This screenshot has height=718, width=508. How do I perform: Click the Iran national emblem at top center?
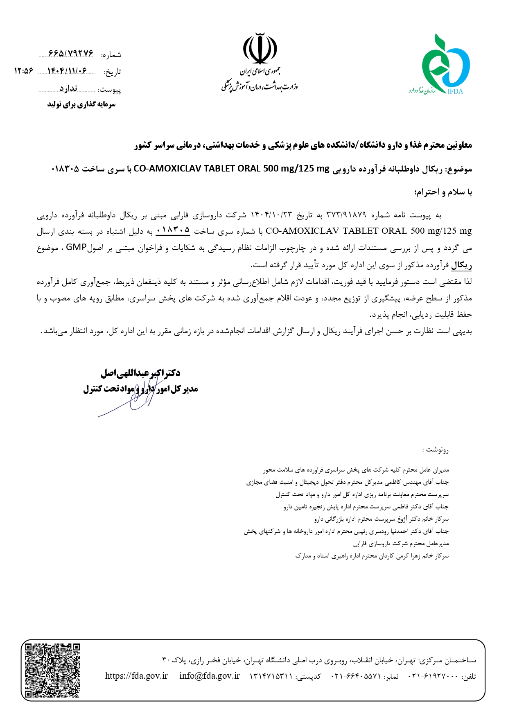pyautogui.click(x=260, y=48)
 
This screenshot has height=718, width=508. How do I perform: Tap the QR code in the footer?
pyautogui.click(x=52, y=670)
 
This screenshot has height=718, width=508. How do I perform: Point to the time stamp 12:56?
pyautogui.click(x=23, y=71)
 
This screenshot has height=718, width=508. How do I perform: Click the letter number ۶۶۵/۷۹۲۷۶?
pyautogui.click(x=71, y=54)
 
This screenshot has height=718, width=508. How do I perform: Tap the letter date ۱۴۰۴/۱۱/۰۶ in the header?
pyautogui.click(x=67, y=71)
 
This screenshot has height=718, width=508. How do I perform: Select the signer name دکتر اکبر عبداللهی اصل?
pyautogui.click(x=140, y=373)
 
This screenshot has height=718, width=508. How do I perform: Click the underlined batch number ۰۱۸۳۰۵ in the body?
pyautogui.click(x=173, y=230)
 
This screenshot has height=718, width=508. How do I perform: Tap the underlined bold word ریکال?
pyautogui.click(x=461, y=265)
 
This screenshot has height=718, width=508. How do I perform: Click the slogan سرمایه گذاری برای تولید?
pyautogui.click(x=81, y=104)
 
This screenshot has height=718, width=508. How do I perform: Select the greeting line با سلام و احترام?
pyautogui.click(x=444, y=192)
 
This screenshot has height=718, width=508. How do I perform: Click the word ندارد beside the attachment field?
pyautogui.click(x=68, y=88)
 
